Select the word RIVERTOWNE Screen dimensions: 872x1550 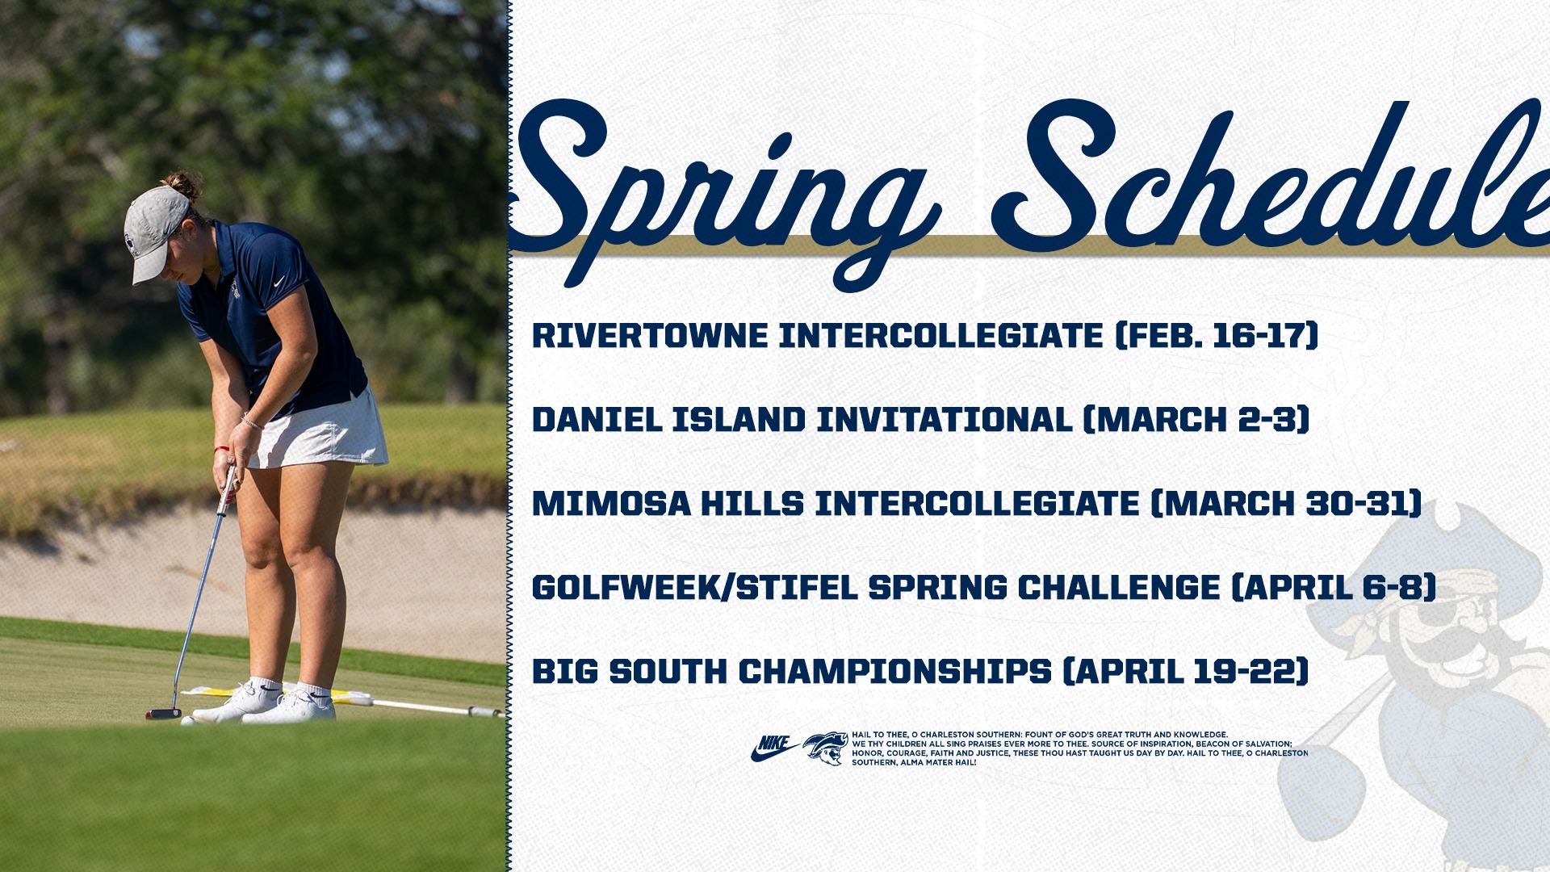(650, 336)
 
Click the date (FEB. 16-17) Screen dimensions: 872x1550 (1217, 336)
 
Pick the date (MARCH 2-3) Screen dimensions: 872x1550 (1196, 420)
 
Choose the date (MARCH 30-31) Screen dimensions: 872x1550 (1286, 504)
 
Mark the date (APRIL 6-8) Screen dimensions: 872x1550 (1334, 588)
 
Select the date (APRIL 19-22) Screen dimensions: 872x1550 (1185, 672)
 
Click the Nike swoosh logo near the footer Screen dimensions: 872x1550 (773, 748)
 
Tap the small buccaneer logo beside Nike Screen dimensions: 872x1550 (825, 748)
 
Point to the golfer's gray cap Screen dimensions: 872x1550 (153, 230)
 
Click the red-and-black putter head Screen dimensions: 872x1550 (163, 714)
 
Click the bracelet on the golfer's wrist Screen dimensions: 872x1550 (253, 422)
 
